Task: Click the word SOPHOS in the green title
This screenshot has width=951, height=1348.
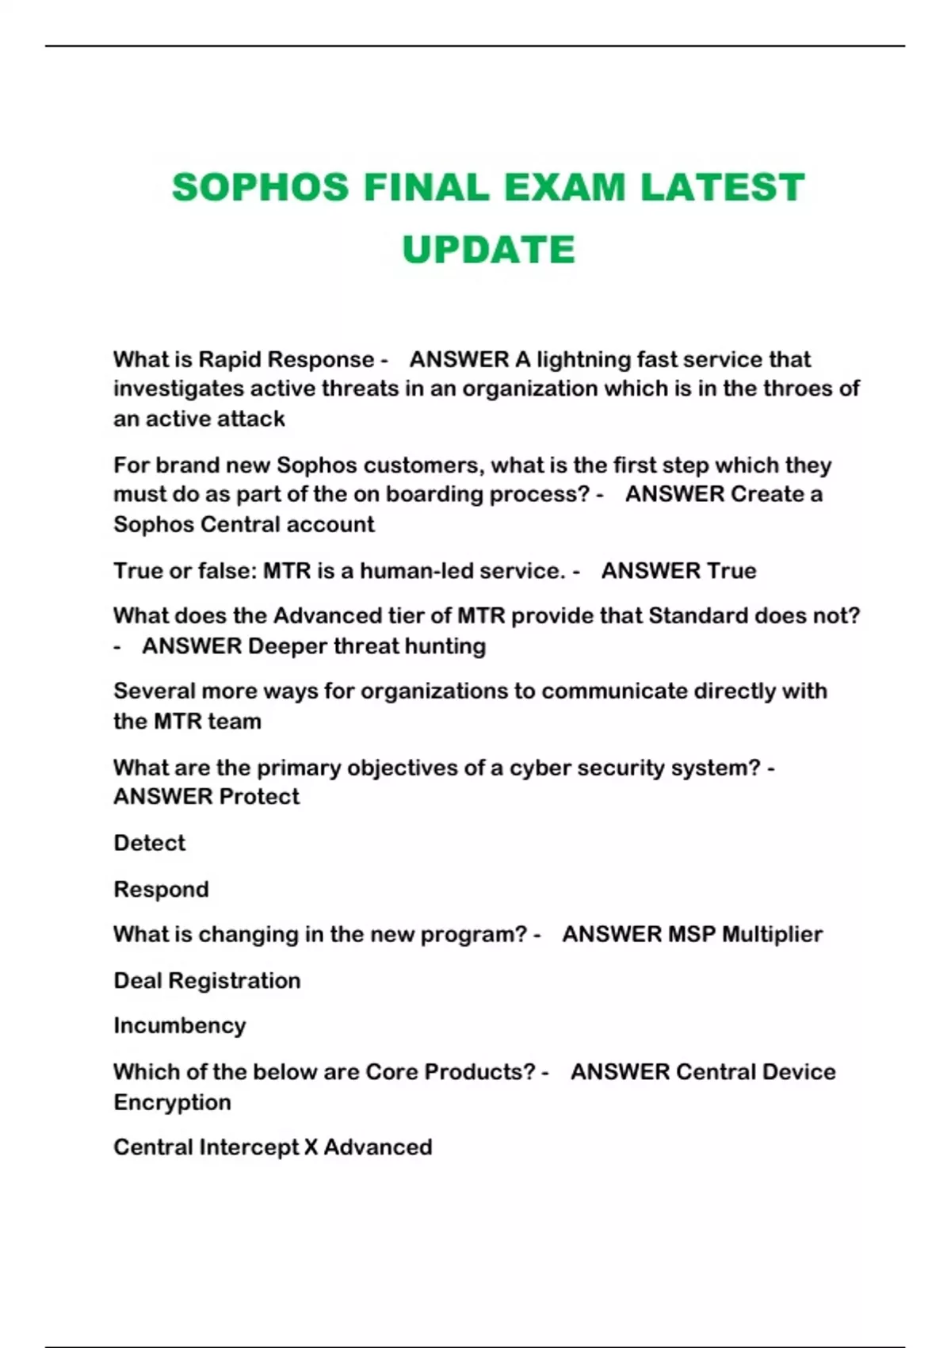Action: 260,188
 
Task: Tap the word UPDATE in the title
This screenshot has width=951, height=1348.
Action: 488,250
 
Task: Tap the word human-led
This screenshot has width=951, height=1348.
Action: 411,570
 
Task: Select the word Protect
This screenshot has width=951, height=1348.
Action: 259,796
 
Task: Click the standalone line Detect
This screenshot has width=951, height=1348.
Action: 149,842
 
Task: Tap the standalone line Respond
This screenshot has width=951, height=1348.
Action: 161,889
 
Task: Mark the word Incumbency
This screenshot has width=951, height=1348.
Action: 179,1025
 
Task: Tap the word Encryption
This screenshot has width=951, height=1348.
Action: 172,1102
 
